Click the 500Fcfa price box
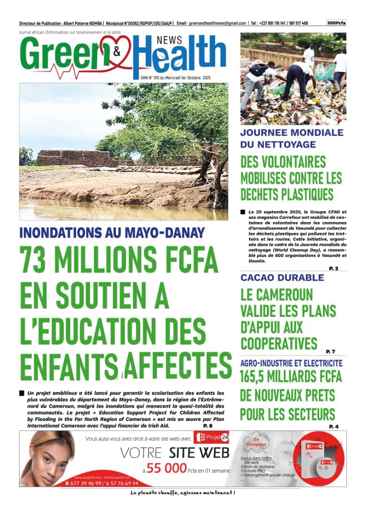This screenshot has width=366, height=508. (336, 23)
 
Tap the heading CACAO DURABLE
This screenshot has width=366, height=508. (275, 278)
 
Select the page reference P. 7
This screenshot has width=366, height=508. (330, 351)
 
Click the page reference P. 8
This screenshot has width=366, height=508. (208, 425)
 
